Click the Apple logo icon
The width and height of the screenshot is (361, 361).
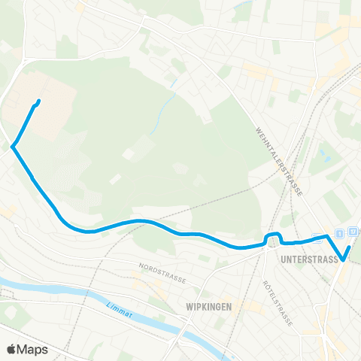click(x=11, y=349)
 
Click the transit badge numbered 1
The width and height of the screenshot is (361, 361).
click(x=340, y=232)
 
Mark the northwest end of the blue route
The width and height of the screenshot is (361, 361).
click(x=38, y=102)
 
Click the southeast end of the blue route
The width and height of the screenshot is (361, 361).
click(x=350, y=247)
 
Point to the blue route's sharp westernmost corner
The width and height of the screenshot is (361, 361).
click(x=14, y=147)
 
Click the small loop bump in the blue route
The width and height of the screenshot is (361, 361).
click(x=272, y=238)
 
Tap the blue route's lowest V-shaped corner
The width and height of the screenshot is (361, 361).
click(x=343, y=259)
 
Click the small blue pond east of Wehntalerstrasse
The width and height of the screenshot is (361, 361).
click(x=325, y=159)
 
